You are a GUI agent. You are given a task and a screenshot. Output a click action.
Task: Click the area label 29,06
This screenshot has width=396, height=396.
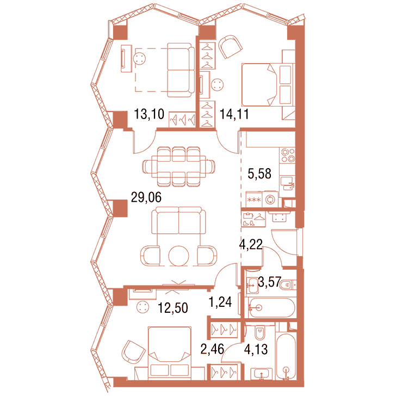146,197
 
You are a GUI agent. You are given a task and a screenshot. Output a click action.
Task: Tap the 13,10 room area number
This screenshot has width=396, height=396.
149,114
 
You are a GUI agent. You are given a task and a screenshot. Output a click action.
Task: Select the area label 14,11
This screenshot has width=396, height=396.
234,114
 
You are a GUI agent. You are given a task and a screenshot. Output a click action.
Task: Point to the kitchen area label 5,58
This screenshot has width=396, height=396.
259,174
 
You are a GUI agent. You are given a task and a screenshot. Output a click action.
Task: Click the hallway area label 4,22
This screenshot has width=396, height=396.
251,244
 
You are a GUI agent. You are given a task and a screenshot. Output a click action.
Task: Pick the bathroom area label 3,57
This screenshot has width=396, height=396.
269,282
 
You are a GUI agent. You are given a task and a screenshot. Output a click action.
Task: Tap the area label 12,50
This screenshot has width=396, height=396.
173,308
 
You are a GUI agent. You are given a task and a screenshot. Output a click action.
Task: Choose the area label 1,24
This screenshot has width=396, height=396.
220,302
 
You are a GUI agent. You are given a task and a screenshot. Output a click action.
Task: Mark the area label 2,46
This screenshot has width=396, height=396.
212,349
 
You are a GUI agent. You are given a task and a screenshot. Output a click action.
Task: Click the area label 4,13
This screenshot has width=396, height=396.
256,349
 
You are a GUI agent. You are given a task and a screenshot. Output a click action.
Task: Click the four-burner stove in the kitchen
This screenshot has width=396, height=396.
288,156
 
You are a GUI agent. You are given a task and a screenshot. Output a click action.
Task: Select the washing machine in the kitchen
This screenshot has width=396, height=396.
270,200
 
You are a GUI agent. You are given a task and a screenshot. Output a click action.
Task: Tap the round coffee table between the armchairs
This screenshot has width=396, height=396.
179,256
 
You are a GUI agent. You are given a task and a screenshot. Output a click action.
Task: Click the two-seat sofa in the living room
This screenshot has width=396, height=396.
178,220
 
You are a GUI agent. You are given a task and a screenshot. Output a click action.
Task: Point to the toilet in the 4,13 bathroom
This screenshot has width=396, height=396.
259,332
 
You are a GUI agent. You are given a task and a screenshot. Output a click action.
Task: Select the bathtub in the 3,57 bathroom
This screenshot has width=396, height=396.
271,308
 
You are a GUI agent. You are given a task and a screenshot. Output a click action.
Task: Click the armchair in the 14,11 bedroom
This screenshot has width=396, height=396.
230,46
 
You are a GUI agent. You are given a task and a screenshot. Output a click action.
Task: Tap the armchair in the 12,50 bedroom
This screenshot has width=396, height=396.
133,352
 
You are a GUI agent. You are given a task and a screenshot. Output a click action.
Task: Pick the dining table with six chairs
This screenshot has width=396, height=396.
178,166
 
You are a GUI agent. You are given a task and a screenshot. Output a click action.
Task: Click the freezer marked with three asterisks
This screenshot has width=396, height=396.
254,200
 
